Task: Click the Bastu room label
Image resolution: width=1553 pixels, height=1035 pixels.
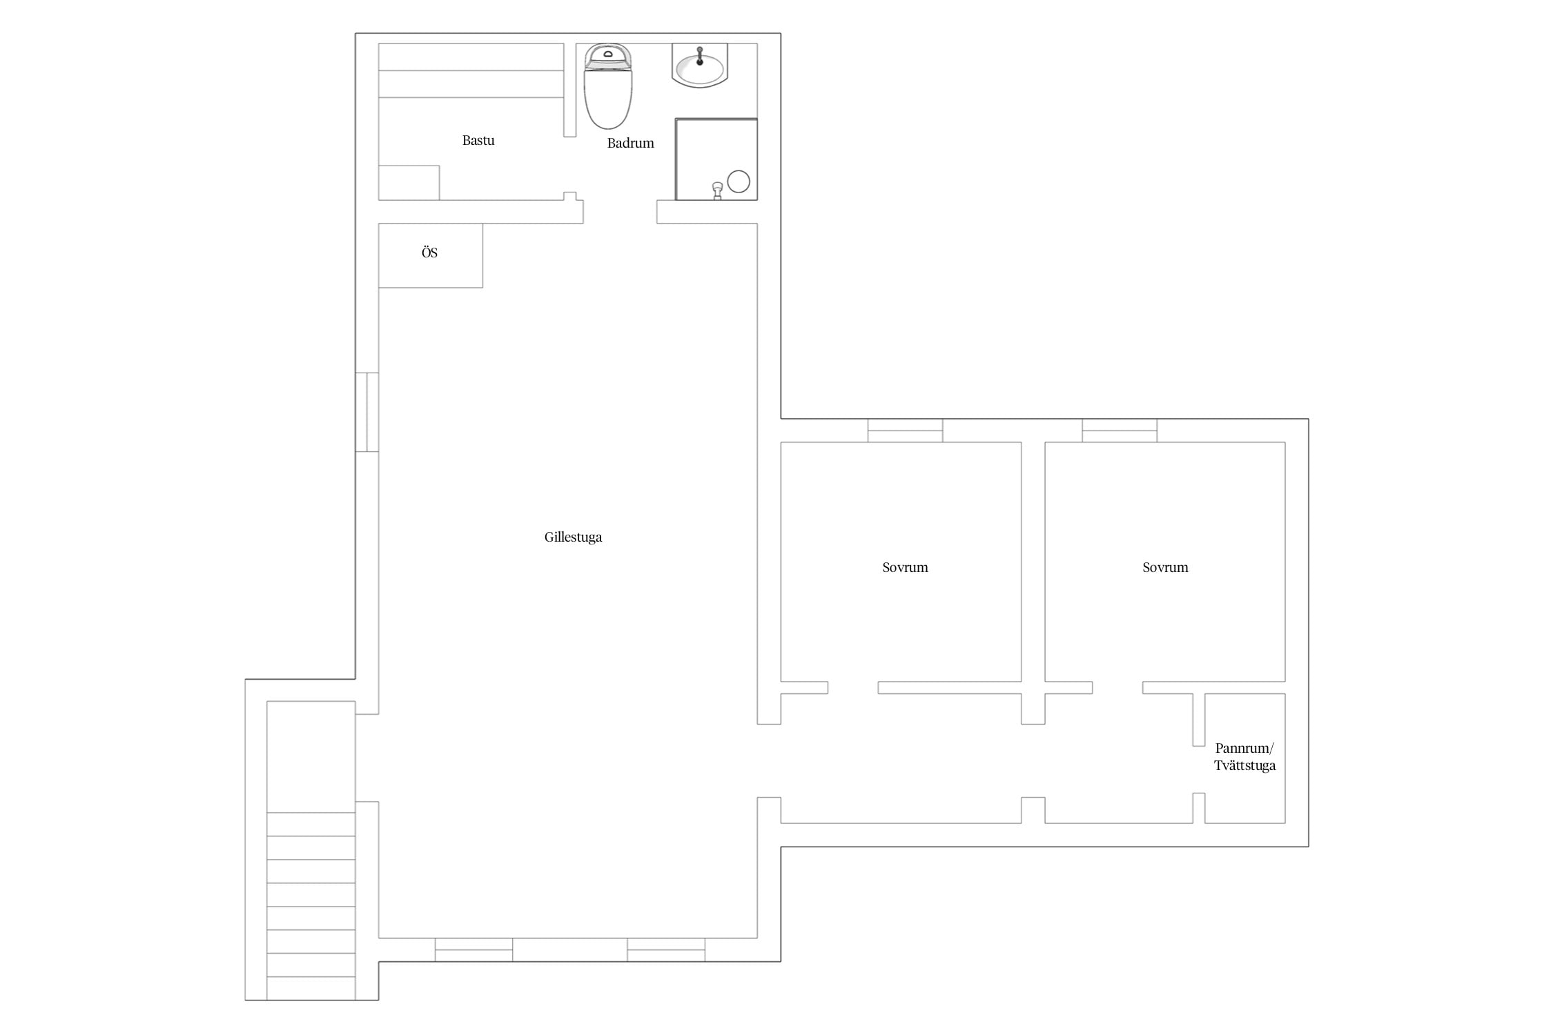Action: tap(478, 140)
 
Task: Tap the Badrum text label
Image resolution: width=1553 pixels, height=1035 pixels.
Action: tap(630, 143)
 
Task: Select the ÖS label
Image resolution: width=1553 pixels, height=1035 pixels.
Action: tap(429, 253)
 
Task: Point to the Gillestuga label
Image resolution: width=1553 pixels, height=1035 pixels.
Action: tap(573, 537)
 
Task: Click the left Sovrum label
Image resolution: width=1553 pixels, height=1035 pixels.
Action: tap(905, 567)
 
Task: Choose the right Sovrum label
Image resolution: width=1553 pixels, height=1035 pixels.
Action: tap(1165, 567)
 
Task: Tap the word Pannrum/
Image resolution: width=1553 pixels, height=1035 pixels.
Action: tap(1244, 748)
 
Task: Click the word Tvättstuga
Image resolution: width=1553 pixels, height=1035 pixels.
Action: tap(1244, 765)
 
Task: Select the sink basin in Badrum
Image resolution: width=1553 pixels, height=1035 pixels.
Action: tap(700, 67)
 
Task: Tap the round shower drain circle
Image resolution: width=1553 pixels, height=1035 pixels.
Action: tap(739, 181)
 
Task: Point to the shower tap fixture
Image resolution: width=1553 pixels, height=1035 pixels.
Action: tap(718, 190)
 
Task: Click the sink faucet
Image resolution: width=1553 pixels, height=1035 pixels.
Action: tap(700, 55)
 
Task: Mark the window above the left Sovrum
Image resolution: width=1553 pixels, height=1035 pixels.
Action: tap(905, 431)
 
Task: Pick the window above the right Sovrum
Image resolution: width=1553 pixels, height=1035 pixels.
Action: tap(1120, 431)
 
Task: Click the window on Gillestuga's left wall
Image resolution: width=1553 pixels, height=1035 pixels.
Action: tap(367, 412)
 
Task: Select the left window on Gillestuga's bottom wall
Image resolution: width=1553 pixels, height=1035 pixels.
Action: tap(473, 949)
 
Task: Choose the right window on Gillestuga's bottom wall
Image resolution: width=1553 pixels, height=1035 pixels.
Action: tap(666, 949)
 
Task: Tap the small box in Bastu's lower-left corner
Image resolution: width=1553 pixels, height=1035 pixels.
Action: tap(409, 183)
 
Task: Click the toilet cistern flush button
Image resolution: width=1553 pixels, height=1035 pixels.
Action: tap(608, 53)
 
